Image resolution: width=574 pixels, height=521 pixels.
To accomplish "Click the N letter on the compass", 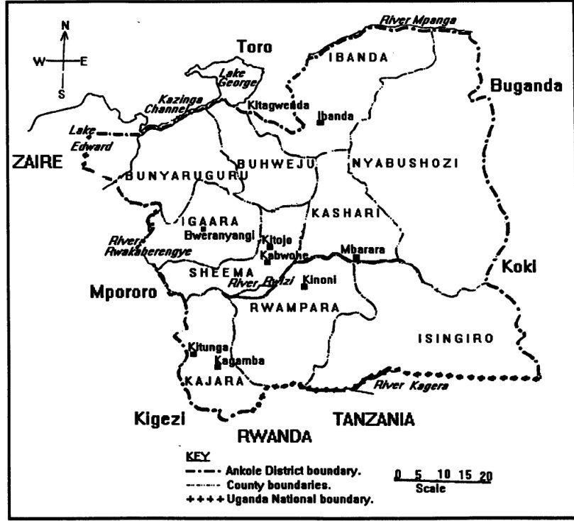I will (x=65, y=26).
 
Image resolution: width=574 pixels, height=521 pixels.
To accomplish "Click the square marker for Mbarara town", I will (x=357, y=258).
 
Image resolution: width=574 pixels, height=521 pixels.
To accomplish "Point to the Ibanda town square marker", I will (x=321, y=123).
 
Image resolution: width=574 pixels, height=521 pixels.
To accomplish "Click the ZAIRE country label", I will (x=35, y=163).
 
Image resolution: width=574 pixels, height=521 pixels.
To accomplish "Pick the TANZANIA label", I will (x=373, y=419).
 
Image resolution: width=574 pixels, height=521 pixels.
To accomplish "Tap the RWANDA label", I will (x=275, y=435).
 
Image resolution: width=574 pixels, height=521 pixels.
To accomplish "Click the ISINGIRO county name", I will (x=456, y=339).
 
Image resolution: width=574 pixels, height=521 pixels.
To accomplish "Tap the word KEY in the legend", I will (x=193, y=455).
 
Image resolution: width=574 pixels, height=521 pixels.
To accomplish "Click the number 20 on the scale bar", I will (x=485, y=474).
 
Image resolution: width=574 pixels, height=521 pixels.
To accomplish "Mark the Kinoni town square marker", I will (x=304, y=287).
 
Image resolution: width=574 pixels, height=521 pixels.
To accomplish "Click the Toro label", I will (x=255, y=48).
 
